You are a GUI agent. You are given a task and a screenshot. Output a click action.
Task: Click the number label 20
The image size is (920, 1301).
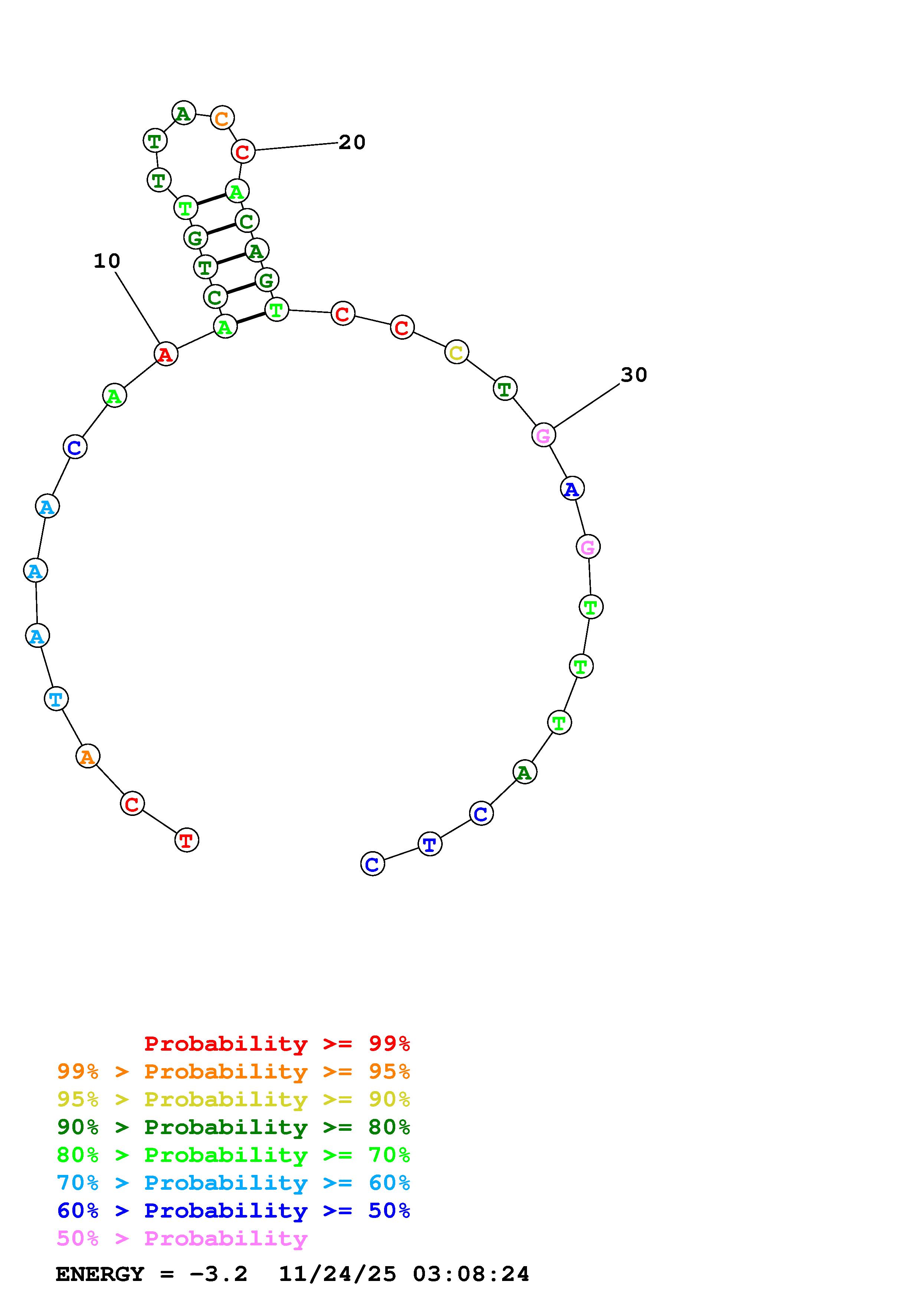point(352,142)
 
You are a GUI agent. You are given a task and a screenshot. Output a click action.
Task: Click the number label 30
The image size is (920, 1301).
point(634,375)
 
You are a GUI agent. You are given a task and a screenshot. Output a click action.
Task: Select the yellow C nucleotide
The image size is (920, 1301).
point(456,352)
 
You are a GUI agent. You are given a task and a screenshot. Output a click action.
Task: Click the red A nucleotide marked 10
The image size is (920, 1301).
point(166,354)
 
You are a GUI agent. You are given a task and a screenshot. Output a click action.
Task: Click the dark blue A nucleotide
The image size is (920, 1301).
point(572,488)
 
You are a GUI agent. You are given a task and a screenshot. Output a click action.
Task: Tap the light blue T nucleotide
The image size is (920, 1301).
point(56,699)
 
